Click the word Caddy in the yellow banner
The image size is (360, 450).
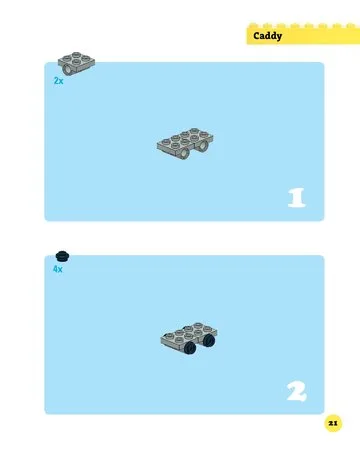[x=267, y=36]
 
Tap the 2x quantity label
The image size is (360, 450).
[x=58, y=81]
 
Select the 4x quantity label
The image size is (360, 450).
[x=58, y=269]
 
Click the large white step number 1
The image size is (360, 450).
[x=296, y=198]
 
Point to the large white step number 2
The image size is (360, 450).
[x=296, y=391]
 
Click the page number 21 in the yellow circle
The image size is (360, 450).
[x=333, y=423]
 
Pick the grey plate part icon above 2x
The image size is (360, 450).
[x=76, y=63]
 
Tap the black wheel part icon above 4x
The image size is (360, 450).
[x=62, y=256]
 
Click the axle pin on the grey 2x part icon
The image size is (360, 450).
[x=67, y=69]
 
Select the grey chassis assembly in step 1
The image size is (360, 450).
[x=185, y=143]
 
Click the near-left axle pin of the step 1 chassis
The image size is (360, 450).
[x=184, y=153]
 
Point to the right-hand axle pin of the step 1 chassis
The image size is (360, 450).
[x=203, y=145]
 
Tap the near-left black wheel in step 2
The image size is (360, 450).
[x=190, y=348]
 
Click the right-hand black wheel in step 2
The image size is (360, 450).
[x=209, y=340]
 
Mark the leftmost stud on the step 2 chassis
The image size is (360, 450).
[x=170, y=335]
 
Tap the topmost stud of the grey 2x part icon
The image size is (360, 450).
[x=76, y=54]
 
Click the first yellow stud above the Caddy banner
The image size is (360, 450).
[x=253, y=25]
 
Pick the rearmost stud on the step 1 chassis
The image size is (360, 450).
[x=195, y=130]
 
